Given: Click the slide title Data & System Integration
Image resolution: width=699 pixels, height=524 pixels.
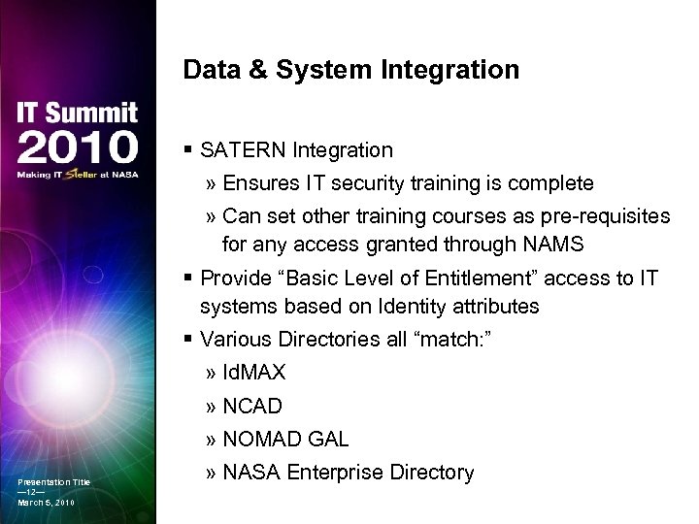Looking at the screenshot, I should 350,71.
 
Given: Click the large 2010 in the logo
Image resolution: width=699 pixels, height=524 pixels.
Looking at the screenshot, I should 77,147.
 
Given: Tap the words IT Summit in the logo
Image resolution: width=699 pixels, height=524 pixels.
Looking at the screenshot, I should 77,113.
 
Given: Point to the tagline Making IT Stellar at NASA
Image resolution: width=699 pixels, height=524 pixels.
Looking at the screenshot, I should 77,175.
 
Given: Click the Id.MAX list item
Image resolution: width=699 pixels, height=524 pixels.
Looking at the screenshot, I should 253,374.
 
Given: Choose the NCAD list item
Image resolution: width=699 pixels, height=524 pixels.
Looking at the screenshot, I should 254,407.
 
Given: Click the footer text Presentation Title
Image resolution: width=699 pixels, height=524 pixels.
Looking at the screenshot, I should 53,482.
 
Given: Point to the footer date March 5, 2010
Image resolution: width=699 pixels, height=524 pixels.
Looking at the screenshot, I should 46,503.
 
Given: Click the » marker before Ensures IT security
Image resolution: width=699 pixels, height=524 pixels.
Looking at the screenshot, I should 212,183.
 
